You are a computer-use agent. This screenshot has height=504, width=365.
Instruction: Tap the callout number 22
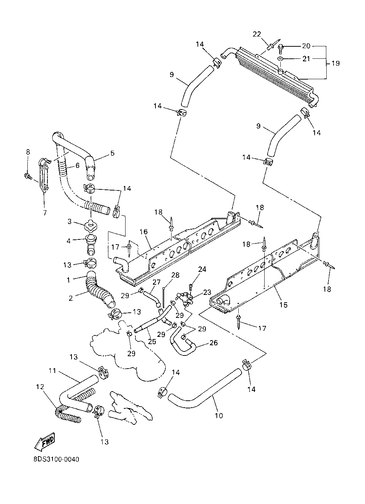click(257, 34)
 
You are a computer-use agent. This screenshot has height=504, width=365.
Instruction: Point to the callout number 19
click(335, 63)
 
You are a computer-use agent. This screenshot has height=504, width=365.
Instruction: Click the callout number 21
click(306, 59)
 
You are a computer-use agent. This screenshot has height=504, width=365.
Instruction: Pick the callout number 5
click(112, 153)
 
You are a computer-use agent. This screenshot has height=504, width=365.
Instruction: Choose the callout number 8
click(28, 152)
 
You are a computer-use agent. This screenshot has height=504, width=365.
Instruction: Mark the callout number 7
click(45, 212)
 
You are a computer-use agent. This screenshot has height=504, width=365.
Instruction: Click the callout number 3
click(70, 222)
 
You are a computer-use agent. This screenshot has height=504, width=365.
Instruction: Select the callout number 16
click(143, 231)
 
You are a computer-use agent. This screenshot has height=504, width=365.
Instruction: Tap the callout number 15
click(283, 305)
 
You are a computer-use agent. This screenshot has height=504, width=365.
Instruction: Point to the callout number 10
click(219, 415)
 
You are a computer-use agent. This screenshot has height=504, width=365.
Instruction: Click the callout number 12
click(40, 387)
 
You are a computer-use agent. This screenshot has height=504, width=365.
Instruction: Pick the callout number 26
click(214, 342)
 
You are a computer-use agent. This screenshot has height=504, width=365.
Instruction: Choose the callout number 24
click(202, 269)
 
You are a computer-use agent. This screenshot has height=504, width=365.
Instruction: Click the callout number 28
click(175, 275)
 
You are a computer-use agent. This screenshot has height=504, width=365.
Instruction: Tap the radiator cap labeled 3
click(91, 225)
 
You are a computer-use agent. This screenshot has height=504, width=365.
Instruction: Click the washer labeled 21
click(280, 59)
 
